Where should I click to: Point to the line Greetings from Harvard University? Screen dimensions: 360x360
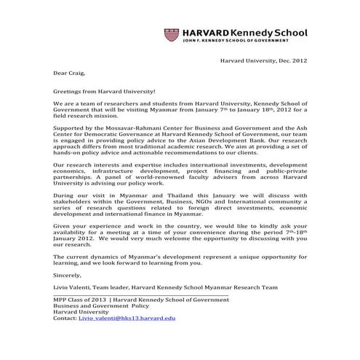(104, 92)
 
